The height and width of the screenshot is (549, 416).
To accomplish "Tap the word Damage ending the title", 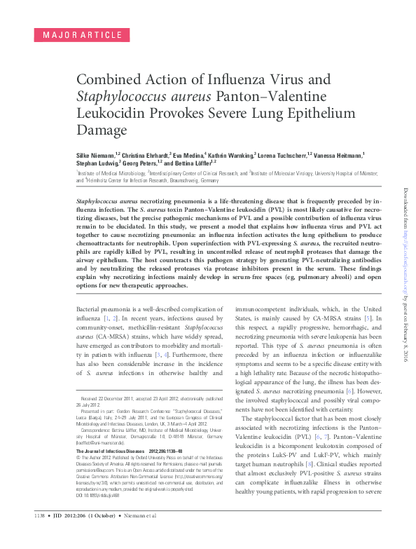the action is pos(99,130).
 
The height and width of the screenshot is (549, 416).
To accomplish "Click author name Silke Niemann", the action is pos(96,154).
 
